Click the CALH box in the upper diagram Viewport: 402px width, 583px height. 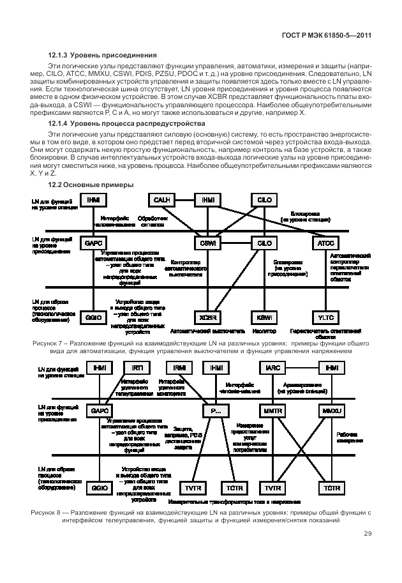coord(161,200)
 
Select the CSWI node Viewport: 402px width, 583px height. coord(208,243)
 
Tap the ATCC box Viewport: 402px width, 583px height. coord(322,243)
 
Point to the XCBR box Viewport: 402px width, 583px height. coord(208,317)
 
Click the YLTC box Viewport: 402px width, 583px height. coord(322,317)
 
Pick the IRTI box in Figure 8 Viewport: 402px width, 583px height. coord(138,368)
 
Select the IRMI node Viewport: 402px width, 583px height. coord(179,368)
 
